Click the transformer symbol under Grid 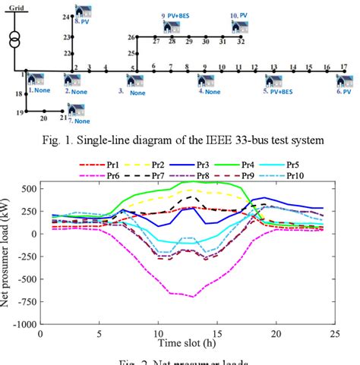(x=15, y=40)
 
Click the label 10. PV (x=244, y=14)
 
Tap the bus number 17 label (x=343, y=68)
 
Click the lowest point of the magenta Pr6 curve (x=194, y=297)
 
